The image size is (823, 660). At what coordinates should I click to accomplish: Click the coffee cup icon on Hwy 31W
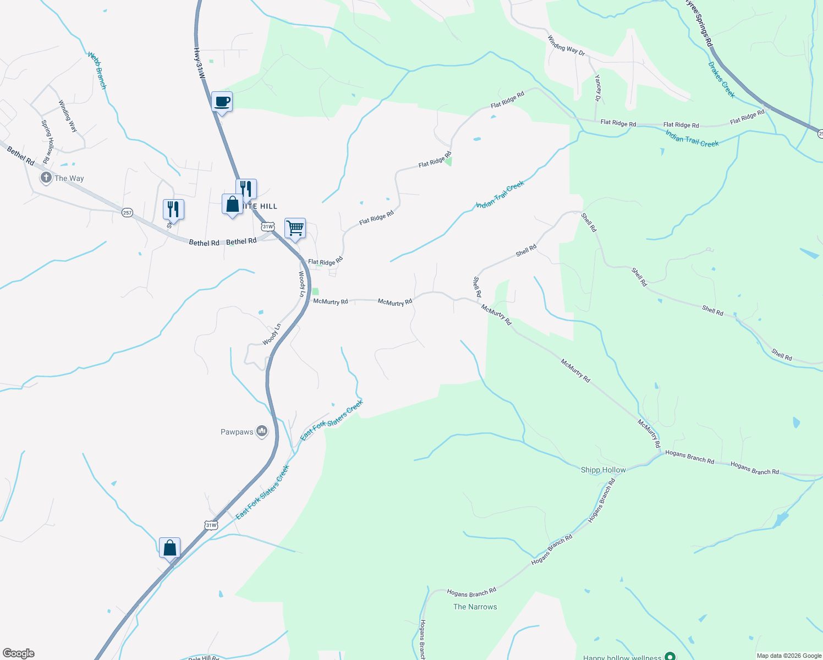point(222,102)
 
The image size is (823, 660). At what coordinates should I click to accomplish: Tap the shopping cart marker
point(295,228)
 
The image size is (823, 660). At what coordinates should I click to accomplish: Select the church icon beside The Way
point(46,178)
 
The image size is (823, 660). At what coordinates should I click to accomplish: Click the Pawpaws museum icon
point(262,432)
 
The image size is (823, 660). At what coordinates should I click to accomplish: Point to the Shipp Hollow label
point(603,470)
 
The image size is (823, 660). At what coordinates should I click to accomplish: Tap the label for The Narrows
point(475,607)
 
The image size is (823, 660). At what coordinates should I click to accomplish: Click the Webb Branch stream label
point(97,70)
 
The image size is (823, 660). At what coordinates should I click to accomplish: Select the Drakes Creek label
point(721,80)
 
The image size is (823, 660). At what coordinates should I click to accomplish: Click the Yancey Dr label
point(597,89)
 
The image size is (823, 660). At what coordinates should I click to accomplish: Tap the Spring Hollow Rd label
point(47,141)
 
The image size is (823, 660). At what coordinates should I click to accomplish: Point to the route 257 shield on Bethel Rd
point(127,212)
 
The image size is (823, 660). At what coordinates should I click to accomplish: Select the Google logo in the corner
point(18,653)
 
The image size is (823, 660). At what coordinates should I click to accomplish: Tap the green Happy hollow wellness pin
point(670,656)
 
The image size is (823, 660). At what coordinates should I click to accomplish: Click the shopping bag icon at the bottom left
point(169,548)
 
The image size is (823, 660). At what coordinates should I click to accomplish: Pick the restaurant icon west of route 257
point(173,209)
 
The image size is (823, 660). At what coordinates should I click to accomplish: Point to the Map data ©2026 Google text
point(789,656)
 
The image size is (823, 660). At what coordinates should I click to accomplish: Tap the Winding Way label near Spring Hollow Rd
point(68,116)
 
